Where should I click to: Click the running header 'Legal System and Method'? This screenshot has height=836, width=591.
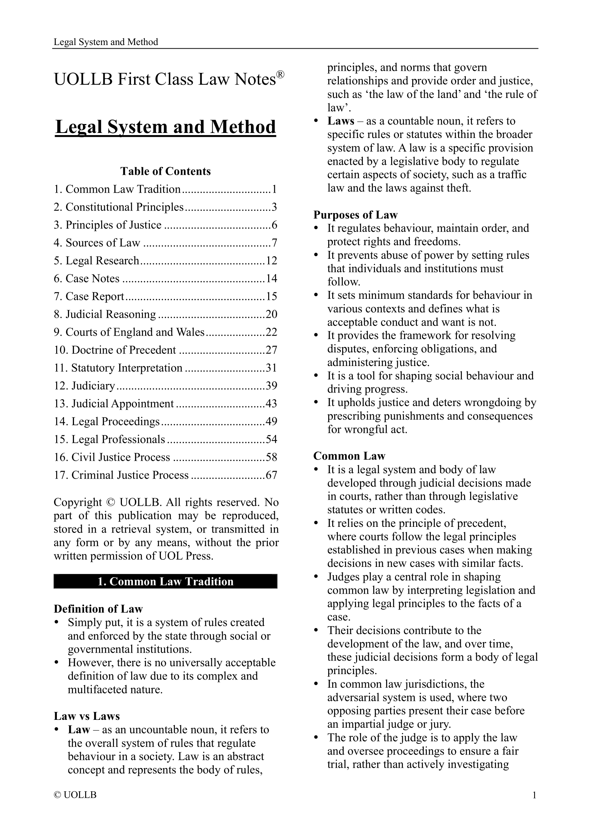pos(105,42)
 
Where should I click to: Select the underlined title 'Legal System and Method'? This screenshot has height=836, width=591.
pos(165,127)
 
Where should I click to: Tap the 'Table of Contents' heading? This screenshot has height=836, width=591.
pos(165,171)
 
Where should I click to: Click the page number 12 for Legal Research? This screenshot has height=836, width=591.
pos(272,261)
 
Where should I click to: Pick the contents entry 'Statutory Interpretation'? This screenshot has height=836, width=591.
pos(127,368)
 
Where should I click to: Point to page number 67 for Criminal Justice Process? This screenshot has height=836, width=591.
pos(272,475)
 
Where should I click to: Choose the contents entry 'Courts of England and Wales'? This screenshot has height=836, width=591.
pos(135,332)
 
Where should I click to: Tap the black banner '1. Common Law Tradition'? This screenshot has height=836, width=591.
pos(165,582)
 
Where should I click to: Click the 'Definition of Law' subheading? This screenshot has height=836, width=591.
pos(98,609)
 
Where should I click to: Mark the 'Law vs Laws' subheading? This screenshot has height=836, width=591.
pos(87,716)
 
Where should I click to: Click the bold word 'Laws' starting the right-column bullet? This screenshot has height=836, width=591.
pos(340,121)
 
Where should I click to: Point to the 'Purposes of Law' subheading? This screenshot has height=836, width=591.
pos(355,215)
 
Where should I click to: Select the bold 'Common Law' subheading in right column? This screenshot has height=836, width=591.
pos(349,456)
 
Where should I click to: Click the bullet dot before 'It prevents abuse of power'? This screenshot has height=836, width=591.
pos(316,256)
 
